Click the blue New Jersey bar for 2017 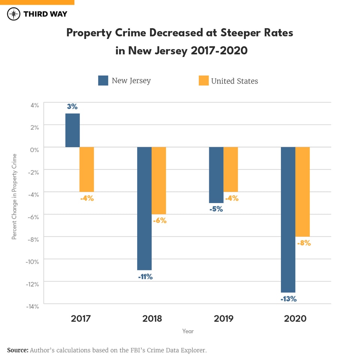tap(72, 130)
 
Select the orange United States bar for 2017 tap(87, 169)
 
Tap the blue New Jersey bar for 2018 tap(144, 208)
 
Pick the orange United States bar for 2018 tap(159, 181)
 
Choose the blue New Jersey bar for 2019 tap(216, 175)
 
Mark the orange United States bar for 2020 tap(303, 192)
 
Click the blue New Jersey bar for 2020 tap(288, 220)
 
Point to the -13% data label tap(288, 299)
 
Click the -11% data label tap(144, 277)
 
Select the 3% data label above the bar tap(72, 107)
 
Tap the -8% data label tap(304, 243)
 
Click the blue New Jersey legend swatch tap(103, 81)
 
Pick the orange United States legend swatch tap(203, 81)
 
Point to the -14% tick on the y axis tap(33, 306)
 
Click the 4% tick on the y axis tap(34, 105)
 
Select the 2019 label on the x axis tap(223, 319)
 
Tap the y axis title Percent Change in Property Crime tap(14, 197)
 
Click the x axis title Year tap(188, 331)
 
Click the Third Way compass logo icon tap(14, 14)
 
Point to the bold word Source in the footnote tap(18, 350)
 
